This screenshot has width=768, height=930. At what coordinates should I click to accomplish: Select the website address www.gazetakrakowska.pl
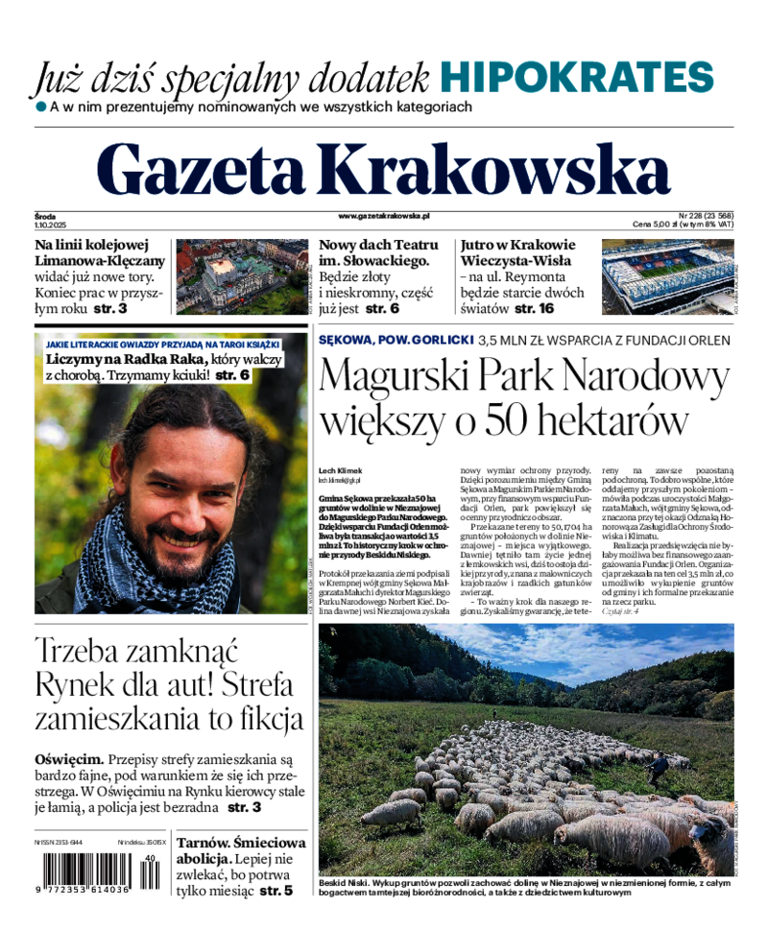click(384, 217)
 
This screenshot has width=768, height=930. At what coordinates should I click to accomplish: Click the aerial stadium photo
click(666, 277)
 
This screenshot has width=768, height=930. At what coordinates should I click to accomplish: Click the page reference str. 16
click(534, 309)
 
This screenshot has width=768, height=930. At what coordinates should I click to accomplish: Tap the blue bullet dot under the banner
click(41, 107)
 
